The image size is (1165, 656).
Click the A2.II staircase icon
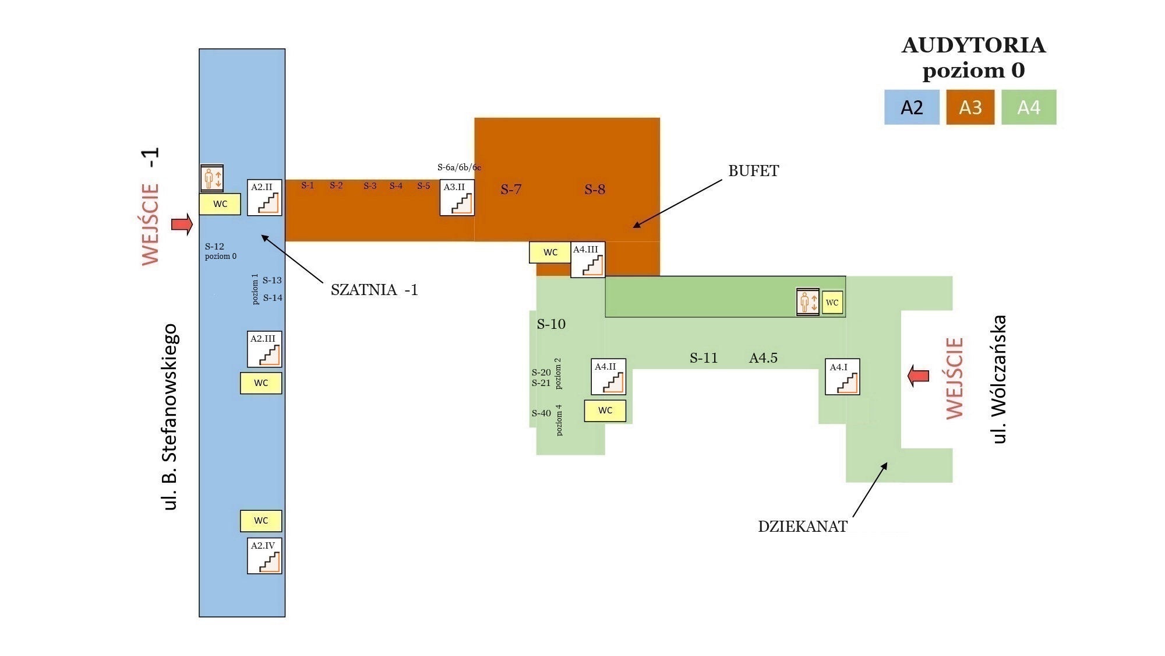tap(264, 197)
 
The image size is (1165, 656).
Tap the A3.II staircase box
tap(457, 197)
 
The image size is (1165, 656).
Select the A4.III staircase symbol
tap(588, 259)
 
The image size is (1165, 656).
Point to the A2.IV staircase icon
tap(264, 556)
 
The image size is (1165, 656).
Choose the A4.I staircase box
tap(842, 377)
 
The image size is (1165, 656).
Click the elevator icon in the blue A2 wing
tap(212, 178)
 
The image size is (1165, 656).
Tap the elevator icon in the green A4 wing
tap(808, 302)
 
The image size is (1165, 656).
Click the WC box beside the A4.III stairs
tap(550, 252)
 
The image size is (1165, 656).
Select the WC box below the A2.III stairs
tap(261, 383)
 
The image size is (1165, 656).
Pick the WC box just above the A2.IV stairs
tap(261, 521)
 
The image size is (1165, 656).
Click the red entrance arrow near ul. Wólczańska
tap(919, 376)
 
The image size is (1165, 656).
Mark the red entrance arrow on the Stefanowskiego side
tap(182, 224)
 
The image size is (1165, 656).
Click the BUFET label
tap(753, 171)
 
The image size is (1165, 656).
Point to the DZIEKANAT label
tap(802, 527)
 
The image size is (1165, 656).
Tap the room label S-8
tap(595, 190)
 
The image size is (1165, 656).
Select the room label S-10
tap(551, 324)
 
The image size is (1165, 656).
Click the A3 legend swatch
tap(970, 107)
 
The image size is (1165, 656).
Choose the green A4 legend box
tap(1029, 107)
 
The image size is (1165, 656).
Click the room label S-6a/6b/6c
tap(459, 167)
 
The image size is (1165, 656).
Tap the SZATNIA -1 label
tap(375, 290)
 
